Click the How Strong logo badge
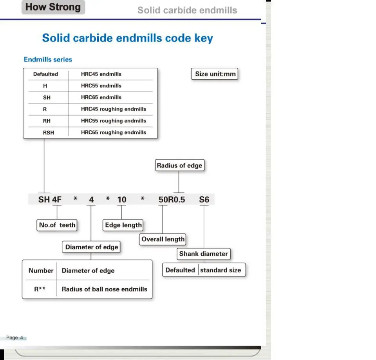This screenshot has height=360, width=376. click(53, 7)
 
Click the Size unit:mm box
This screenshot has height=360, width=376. click(215, 74)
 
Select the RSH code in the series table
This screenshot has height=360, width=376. click(49, 133)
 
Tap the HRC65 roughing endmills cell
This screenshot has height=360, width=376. click(114, 133)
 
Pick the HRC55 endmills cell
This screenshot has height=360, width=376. click(101, 86)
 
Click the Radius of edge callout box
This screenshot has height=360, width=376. click(180, 165)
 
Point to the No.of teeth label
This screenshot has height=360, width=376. click(57, 225)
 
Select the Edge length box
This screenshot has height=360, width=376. click(123, 225)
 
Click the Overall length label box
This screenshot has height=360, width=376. click(163, 239)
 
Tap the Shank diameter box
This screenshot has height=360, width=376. click(204, 254)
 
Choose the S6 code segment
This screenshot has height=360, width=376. click(204, 200)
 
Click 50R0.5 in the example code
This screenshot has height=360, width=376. click(172, 200)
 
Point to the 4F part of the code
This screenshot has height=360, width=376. click(57, 200)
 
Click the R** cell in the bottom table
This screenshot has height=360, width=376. click(40, 289)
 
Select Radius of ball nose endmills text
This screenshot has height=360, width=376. click(105, 289)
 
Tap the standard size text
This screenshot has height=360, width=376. click(221, 270)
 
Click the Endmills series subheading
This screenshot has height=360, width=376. click(48, 59)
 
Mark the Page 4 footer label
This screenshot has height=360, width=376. click(14, 338)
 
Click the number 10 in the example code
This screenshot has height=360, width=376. click(122, 200)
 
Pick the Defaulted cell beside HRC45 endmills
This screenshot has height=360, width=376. click(45, 74)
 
